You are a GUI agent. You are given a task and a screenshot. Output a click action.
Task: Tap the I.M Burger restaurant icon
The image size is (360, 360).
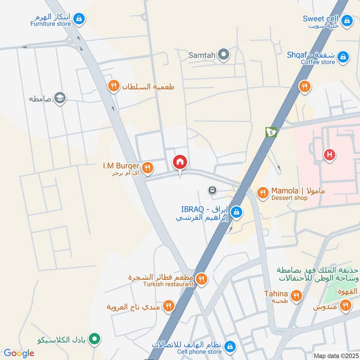point(147,168)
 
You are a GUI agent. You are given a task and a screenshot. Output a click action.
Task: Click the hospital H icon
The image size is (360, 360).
point(330,155)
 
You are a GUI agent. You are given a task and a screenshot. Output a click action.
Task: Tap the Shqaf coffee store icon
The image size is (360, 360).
point(343,57)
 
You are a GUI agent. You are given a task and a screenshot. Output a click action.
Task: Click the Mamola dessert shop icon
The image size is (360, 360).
point(262,193)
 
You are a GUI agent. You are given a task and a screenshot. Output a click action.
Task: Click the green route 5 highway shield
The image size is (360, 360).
point(271,132)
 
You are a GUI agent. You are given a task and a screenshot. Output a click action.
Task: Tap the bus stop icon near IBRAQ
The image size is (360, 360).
point(212,190)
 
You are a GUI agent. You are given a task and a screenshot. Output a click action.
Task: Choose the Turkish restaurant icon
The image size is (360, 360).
point(201,279)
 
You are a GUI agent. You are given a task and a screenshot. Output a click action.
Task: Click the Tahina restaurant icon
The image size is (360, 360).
point(296,295)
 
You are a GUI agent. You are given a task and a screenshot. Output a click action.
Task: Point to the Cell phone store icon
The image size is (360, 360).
point(230,346)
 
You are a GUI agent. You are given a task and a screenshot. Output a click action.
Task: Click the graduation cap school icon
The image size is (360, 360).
point(59,98)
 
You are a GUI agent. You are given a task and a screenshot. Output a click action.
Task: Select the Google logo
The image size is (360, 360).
point(18,353)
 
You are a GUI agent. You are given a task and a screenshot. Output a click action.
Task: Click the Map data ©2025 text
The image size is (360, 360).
point(335,355)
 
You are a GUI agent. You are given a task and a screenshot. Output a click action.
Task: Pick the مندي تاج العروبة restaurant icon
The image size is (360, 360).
point(168,306)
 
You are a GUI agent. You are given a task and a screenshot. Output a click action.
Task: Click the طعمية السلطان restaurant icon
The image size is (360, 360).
point(114,85)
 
